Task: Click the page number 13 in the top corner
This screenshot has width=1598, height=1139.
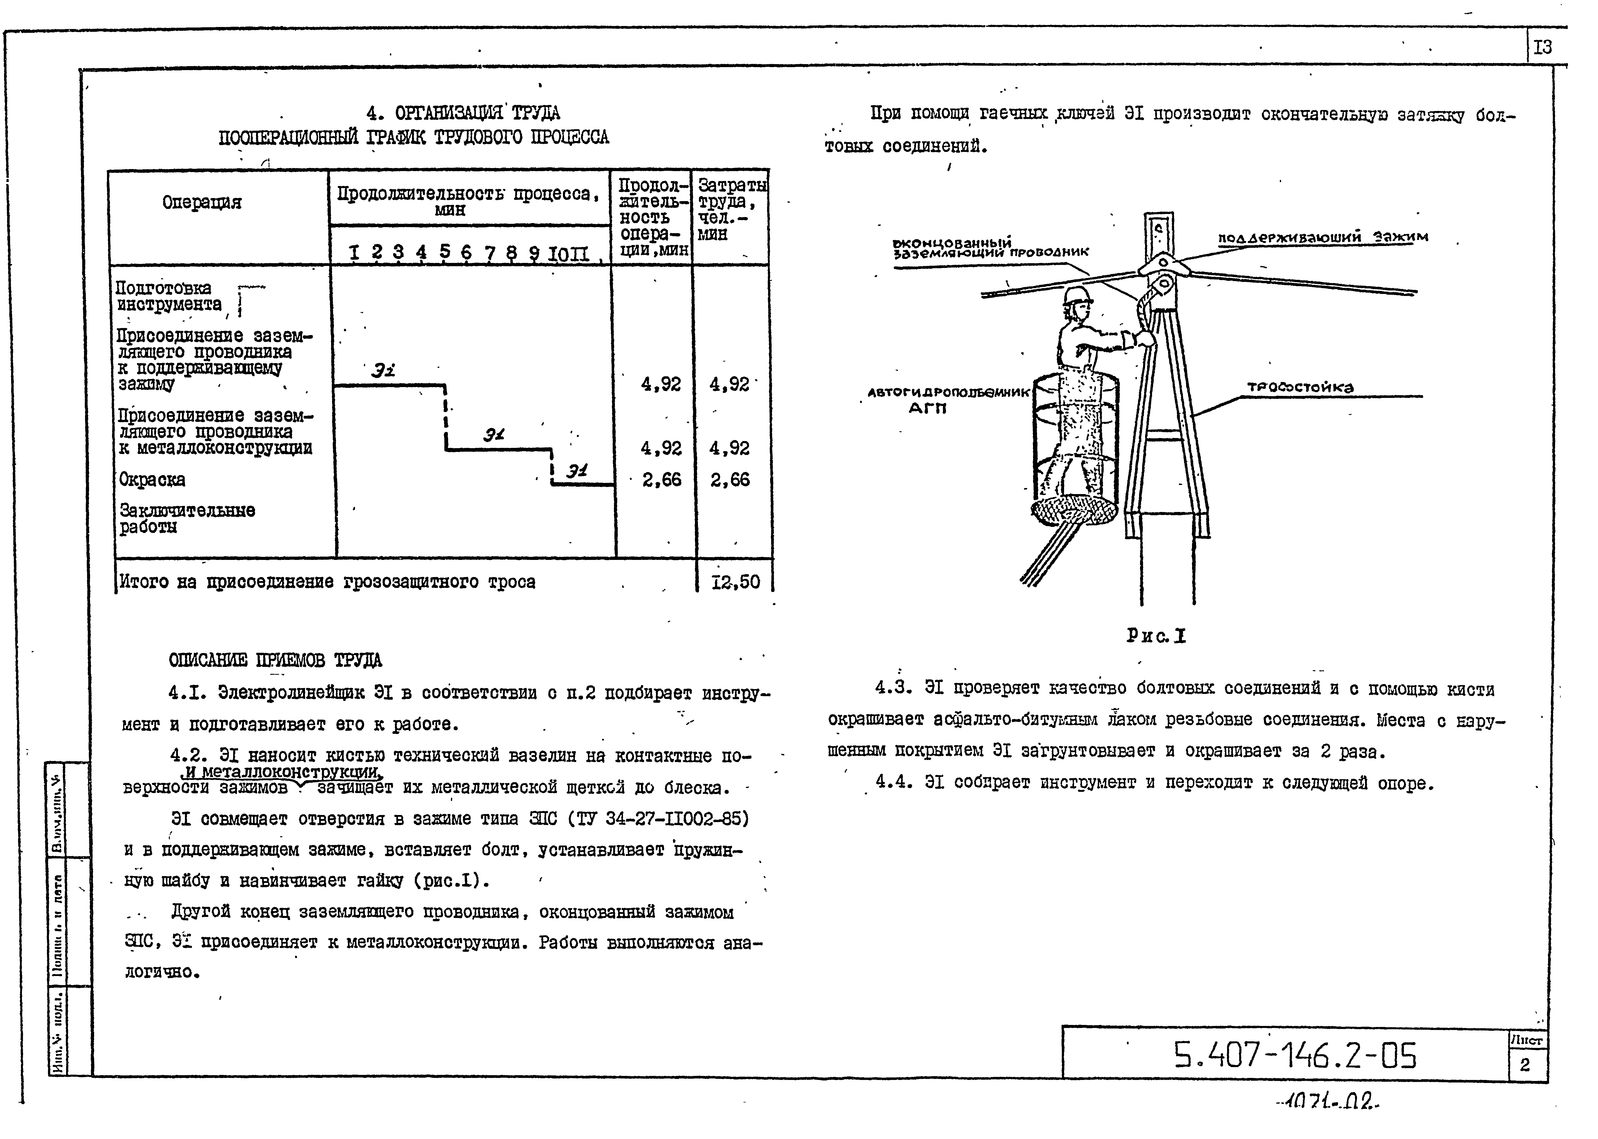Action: click(1542, 48)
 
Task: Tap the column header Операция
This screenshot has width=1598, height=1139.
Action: click(202, 203)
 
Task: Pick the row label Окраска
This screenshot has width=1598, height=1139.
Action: click(152, 480)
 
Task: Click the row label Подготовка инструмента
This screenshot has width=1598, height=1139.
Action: click(168, 296)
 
